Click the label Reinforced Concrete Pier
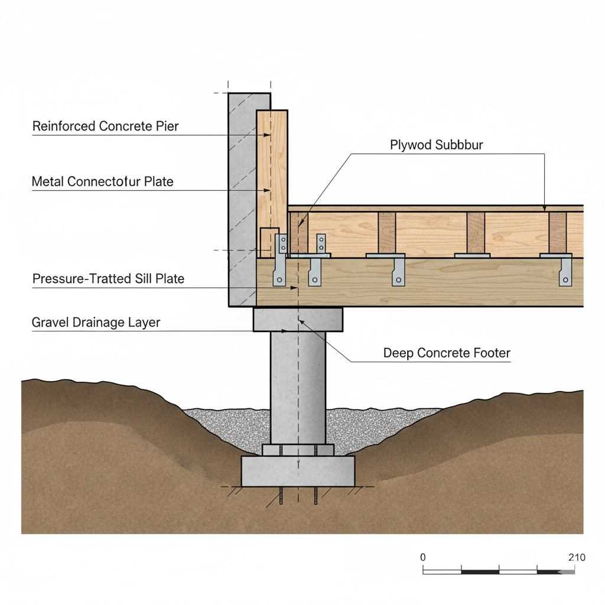tap(105, 126)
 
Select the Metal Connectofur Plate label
tap(102, 181)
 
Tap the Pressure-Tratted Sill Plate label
tap(108, 278)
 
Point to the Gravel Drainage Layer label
tap(96, 323)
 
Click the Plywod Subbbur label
tap(437, 145)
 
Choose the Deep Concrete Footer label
tap(447, 353)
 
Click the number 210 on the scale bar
tap(575, 557)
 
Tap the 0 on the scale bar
tap(422, 557)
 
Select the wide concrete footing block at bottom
tap(298, 471)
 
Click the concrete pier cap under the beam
tap(298, 319)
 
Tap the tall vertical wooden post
tap(272, 177)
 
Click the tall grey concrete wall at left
tap(242, 201)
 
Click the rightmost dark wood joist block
tap(557, 233)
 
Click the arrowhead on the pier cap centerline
tap(301, 322)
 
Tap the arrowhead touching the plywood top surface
tap(545, 207)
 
